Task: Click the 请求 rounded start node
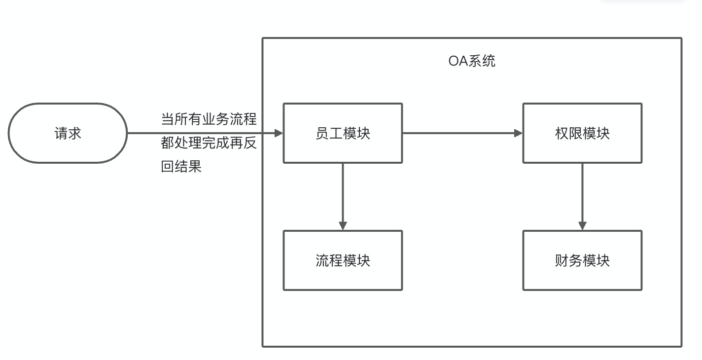68,133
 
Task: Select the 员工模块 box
343,133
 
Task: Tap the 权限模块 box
582,133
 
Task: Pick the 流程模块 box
343,260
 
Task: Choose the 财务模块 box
582,260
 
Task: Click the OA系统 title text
472,61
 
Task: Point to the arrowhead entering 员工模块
279,133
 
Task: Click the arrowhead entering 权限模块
518,133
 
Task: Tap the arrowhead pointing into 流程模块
343,225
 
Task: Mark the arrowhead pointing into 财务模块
582,225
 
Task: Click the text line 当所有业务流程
209,119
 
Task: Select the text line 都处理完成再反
209,143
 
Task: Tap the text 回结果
181,167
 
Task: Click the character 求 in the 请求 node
74,133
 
